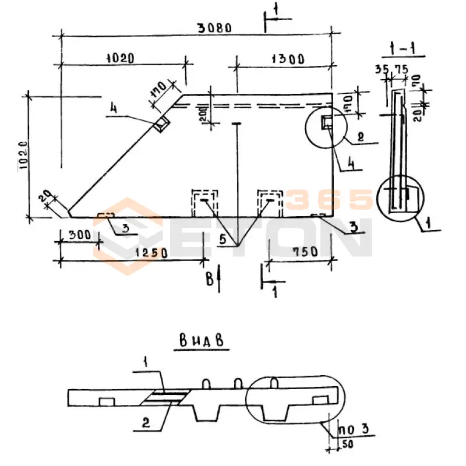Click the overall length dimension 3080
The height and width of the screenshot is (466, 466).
(x=214, y=27)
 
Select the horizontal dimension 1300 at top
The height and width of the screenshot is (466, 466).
(x=287, y=58)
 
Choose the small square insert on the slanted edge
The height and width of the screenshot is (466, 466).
(x=161, y=123)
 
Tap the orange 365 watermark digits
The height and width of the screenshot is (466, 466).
(x=329, y=200)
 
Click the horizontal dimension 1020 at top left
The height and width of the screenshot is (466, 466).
(x=120, y=58)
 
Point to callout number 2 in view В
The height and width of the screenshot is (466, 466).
(x=146, y=424)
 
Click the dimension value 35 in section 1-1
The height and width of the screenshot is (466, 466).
(x=382, y=69)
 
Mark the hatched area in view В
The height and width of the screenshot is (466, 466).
(x=165, y=398)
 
